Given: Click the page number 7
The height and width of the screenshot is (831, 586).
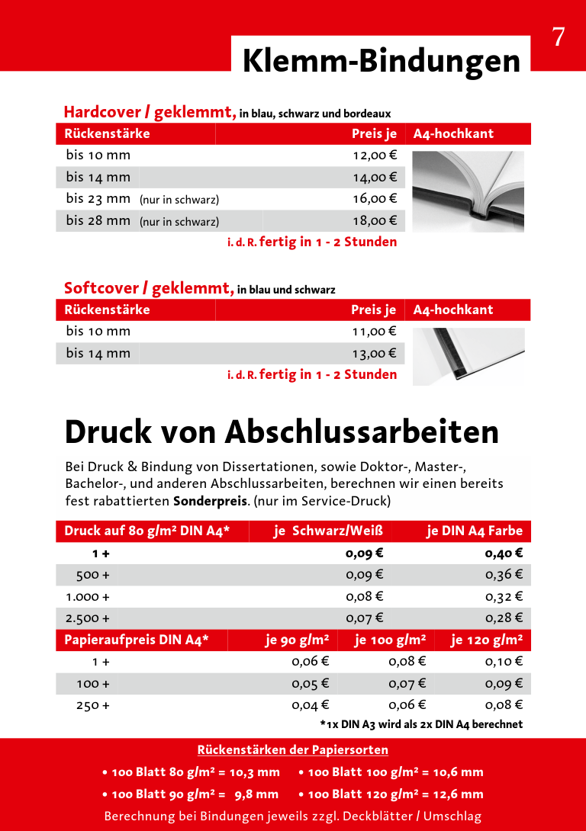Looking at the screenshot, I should pyautogui.click(x=559, y=37).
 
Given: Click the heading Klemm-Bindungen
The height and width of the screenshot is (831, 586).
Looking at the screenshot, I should pyautogui.click(x=382, y=60).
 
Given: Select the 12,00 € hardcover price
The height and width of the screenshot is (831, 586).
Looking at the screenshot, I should pyautogui.click(x=375, y=156).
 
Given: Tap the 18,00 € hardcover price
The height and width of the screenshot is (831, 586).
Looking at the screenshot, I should pyautogui.click(x=375, y=221).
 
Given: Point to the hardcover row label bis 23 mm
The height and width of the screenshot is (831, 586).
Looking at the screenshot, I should pyautogui.click(x=98, y=199).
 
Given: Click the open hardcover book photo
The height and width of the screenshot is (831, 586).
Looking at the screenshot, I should pyautogui.click(x=468, y=191).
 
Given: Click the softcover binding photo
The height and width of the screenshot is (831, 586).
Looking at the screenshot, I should pyautogui.click(x=468, y=356).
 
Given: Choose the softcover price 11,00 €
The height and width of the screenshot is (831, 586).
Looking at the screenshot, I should pyautogui.click(x=374, y=332).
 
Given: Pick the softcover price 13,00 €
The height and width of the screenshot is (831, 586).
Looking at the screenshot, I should pyautogui.click(x=374, y=354).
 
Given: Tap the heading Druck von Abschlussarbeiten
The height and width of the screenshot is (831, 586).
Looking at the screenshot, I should pyautogui.click(x=282, y=432).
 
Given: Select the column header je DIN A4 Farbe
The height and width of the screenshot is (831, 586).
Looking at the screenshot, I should pyautogui.click(x=475, y=531).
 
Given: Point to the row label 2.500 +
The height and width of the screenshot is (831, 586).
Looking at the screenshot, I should pyautogui.click(x=87, y=618).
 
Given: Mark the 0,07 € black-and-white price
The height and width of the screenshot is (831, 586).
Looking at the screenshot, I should pyautogui.click(x=365, y=618).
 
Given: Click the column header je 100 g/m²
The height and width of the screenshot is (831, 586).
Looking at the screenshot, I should pyautogui.click(x=390, y=640).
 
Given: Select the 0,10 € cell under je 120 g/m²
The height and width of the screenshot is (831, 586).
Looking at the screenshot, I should pyautogui.click(x=504, y=662).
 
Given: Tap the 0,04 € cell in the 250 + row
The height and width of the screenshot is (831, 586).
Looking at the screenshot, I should pyautogui.click(x=311, y=705).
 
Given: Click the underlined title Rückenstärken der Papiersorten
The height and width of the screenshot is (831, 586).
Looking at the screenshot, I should pyautogui.click(x=293, y=750).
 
